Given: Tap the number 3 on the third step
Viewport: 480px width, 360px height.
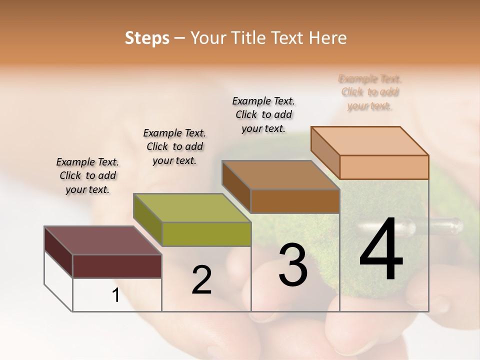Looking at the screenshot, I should coord(293,265).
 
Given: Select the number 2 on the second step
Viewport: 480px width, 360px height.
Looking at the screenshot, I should coord(201,280).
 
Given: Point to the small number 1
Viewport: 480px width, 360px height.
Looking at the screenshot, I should coord(116,295).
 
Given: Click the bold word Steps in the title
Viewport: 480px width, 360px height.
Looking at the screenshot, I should coord(147,38).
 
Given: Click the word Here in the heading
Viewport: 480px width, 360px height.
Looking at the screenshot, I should coord(328,38).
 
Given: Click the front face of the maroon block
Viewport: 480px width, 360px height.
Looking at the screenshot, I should coord(117,266).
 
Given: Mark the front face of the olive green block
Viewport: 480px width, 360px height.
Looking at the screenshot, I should coord(206,234).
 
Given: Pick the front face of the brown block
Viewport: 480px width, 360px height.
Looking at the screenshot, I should coord(295,201).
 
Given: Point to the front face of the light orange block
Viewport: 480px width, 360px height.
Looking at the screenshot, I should coord(384,167).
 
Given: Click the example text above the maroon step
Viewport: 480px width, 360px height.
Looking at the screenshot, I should coord(87,175).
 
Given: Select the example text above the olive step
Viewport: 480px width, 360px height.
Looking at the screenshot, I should coord(174,146).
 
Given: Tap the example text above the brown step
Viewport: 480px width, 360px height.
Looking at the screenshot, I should coord(263,114).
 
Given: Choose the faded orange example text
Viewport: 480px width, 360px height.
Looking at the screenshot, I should coord(370,92).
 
